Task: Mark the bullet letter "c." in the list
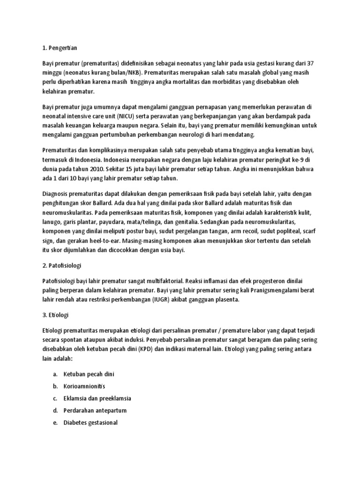point(55,398)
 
